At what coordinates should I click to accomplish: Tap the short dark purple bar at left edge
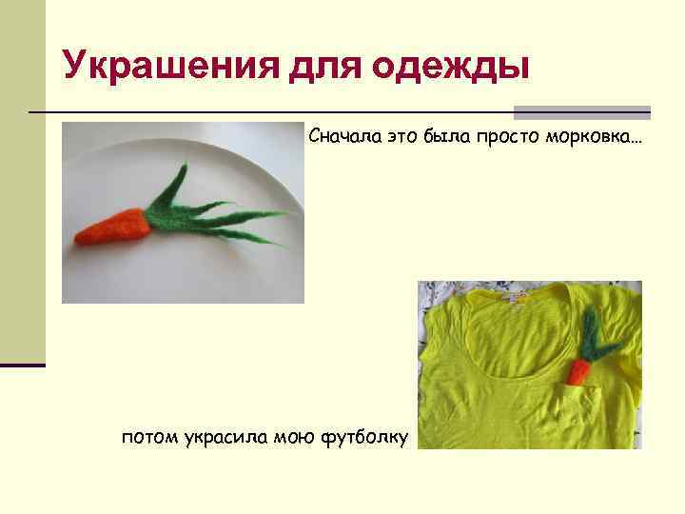coord(23,365)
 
